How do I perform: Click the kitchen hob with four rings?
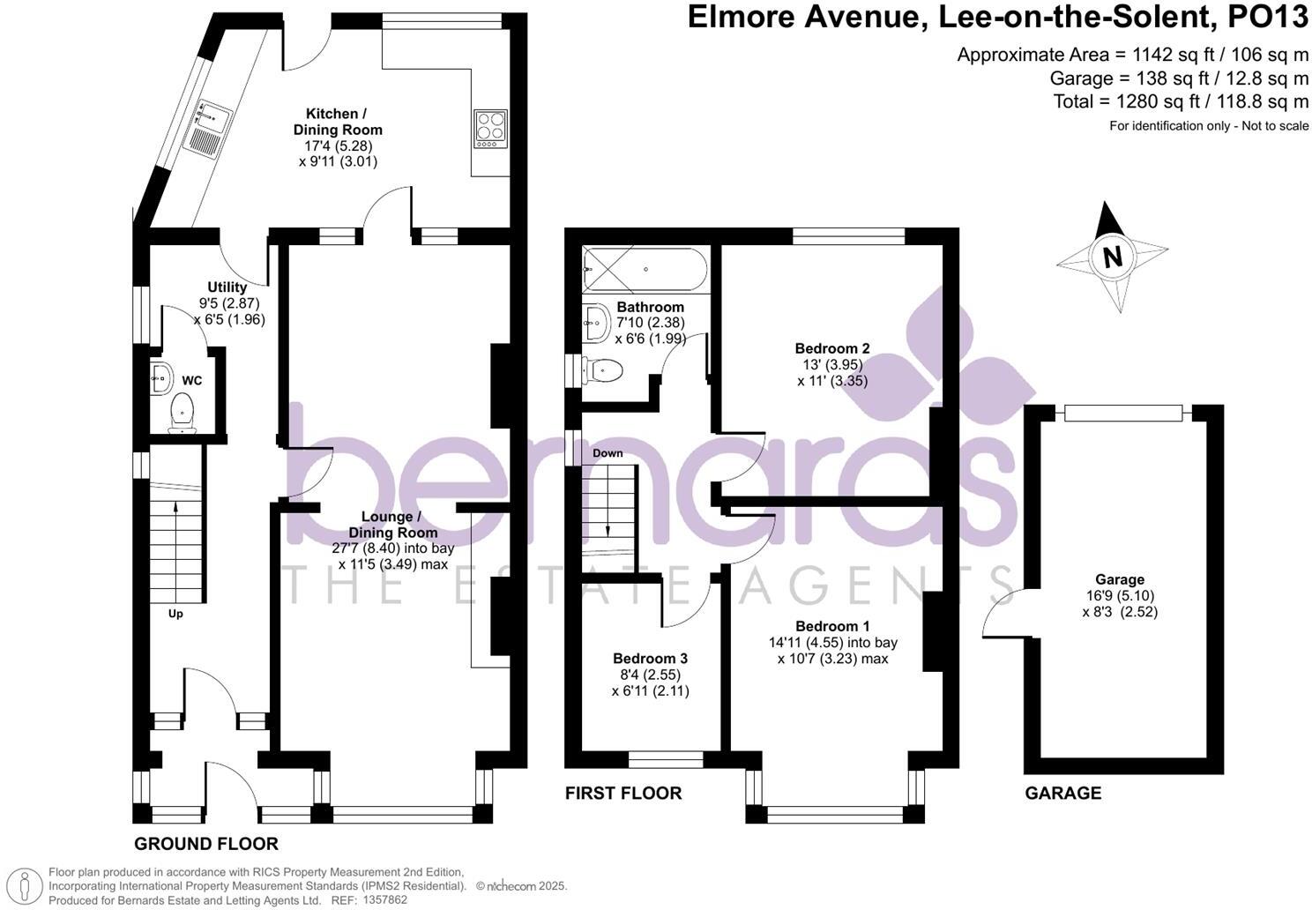[x=491, y=128]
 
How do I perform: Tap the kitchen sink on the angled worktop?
[x=206, y=129]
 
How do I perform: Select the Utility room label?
[x=227, y=287]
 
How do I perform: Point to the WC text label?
[x=191, y=381]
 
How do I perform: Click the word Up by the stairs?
[x=175, y=614]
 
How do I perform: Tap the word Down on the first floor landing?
[x=608, y=453]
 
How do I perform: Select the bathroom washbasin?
[x=596, y=324]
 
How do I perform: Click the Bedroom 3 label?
[x=650, y=659]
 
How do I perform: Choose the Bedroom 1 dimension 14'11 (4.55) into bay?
[x=832, y=643]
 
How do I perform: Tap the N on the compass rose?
[x=1113, y=257]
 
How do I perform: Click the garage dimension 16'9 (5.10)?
[x=1119, y=595]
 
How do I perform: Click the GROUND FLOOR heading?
[x=206, y=844]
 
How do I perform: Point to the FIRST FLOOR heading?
[x=622, y=793]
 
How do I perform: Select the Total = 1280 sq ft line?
[x=1181, y=101]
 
